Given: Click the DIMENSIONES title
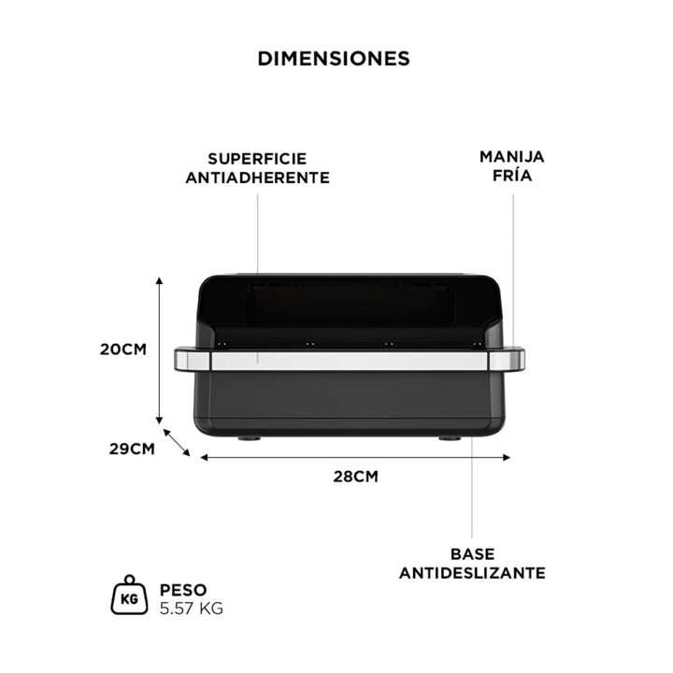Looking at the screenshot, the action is [334, 59].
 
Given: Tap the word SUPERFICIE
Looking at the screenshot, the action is [258, 159].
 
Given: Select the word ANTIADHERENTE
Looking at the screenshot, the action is [258, 178].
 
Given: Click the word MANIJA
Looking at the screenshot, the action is [512, 157].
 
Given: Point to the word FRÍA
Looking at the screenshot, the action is [512, 175].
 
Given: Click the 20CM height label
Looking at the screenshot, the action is [123, 350].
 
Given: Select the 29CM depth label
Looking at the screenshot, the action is [132, 449].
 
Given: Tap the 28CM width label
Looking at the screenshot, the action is [356, 477].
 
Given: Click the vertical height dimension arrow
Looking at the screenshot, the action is [159, 351].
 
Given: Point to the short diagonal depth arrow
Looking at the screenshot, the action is [177, 442].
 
